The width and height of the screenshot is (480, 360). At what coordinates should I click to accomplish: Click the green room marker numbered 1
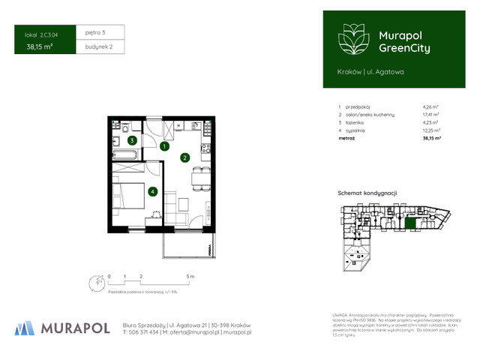coord(163,147)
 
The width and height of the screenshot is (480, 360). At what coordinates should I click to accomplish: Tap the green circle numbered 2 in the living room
coord(184,158)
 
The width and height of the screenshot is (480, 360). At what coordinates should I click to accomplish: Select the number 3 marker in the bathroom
coord(131,140)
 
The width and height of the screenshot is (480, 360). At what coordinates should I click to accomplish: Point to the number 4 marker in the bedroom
coord(152,192)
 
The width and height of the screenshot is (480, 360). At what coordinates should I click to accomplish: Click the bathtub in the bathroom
coord(124,154)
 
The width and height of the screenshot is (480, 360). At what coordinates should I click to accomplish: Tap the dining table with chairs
coord(199,178)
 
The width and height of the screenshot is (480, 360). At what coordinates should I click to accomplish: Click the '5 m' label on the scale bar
coord(190,277)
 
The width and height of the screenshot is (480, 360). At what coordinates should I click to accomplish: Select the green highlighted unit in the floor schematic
coord(410,223)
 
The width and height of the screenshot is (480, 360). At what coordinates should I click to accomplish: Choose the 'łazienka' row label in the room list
coord(355,121)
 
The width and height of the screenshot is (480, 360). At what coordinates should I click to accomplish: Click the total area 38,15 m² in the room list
coord(431,139)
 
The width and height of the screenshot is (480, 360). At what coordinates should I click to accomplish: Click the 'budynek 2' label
coord(98,46)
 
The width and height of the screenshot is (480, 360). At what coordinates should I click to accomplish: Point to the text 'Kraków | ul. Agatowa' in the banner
coord(370,71)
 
